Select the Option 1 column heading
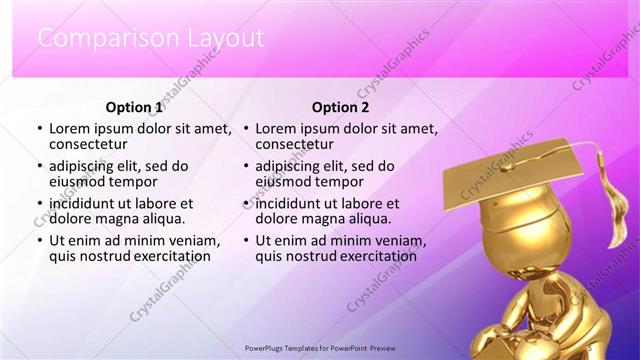tap(133, 107)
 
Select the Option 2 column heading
tap(340, 107)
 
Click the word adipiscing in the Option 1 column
tap(86, 166)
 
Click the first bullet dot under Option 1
tap(39, 129)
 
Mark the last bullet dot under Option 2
tap(245, 241)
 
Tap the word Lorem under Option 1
tap(70, 129)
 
